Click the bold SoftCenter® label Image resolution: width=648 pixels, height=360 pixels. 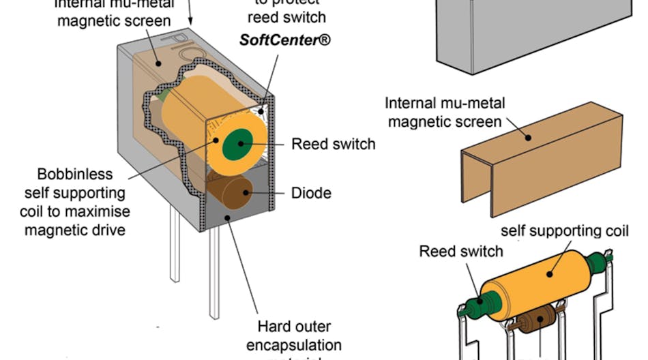pyautogui.click(x=285, y=40)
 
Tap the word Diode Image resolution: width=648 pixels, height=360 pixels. pyautogui.click(x=311, y=193)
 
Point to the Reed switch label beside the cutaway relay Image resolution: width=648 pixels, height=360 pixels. pyautogui.click(x=333, y=145)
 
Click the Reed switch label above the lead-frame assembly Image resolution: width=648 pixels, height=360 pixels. pyautogui.click(x=460, y=251)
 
